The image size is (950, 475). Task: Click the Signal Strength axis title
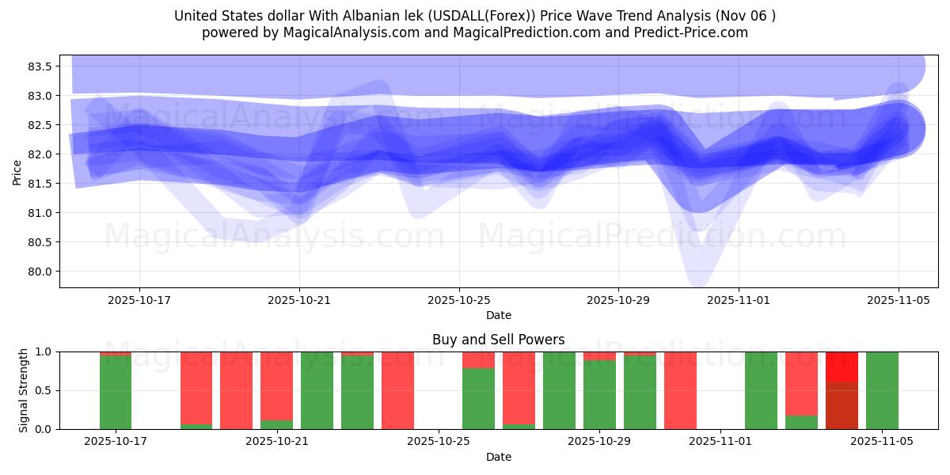click(24, 390)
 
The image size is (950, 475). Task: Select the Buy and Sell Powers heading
click(498, 340)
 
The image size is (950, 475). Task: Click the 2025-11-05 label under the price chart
click(898, 300)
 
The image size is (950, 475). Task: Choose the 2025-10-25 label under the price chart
click(459, 300)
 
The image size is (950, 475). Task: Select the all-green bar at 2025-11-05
click(882, 390)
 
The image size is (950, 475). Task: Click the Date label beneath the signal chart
click(498, 457)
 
